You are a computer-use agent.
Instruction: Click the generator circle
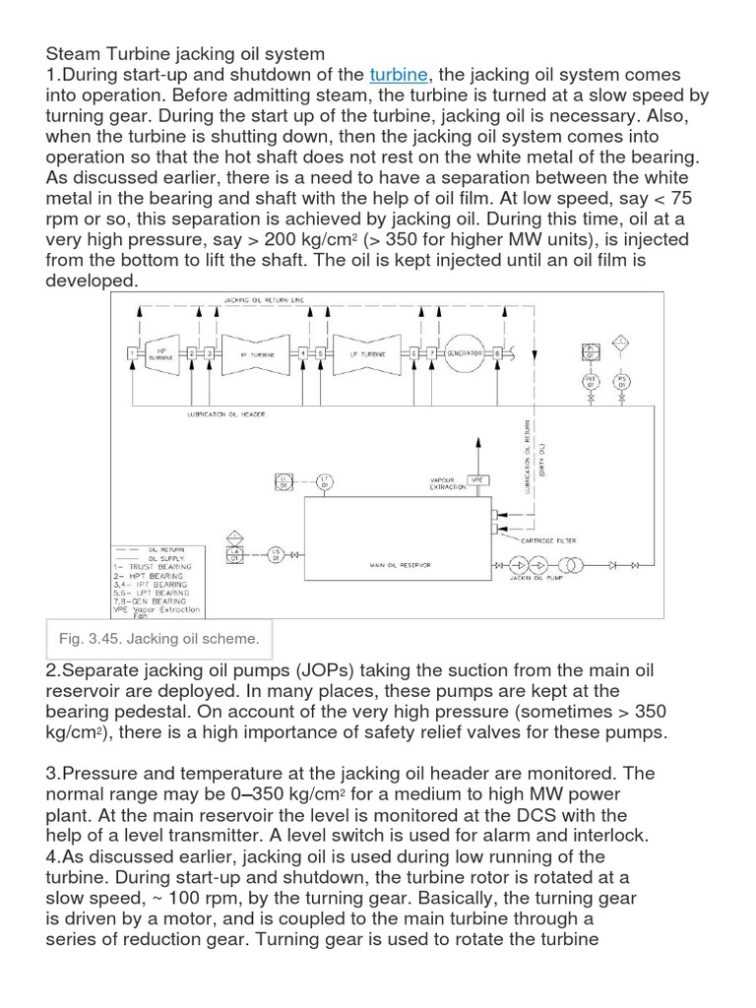[x=464, y=352]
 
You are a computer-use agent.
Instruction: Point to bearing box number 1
[x=132, y=352]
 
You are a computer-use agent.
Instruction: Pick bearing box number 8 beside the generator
[x=497, y=352]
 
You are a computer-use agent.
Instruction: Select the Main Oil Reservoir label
[x=400, y=565]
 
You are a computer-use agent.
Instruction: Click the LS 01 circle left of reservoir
[x=277, y=555]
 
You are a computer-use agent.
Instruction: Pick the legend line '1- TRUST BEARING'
[x=157, y=567]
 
